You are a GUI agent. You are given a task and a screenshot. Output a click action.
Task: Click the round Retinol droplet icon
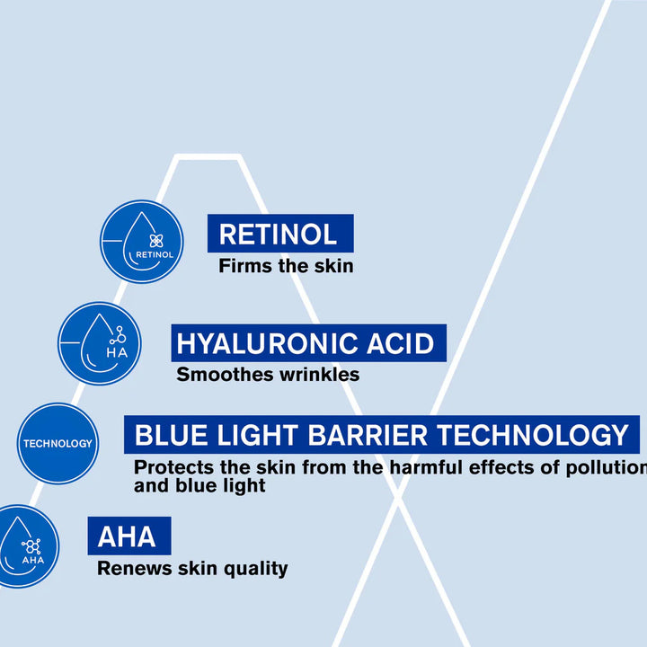142,242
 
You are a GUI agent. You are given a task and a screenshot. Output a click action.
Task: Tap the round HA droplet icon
100,343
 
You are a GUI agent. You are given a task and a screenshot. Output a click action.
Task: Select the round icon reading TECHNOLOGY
58,444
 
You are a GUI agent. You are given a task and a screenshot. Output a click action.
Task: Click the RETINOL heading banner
280,233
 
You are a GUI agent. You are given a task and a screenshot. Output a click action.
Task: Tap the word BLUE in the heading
172,435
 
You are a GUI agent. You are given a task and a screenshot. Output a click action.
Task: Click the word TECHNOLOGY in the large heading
533,435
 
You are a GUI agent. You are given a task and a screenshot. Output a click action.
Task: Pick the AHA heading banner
129,536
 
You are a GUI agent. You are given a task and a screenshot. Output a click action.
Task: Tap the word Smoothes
226,375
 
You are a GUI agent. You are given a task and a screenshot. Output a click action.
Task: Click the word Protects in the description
173,468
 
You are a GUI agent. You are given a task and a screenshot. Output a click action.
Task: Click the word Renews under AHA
135,569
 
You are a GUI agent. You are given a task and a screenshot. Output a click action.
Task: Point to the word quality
256,570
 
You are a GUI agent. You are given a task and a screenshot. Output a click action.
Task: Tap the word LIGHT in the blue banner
258,435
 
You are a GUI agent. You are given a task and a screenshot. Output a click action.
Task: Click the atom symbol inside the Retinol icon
156,241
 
